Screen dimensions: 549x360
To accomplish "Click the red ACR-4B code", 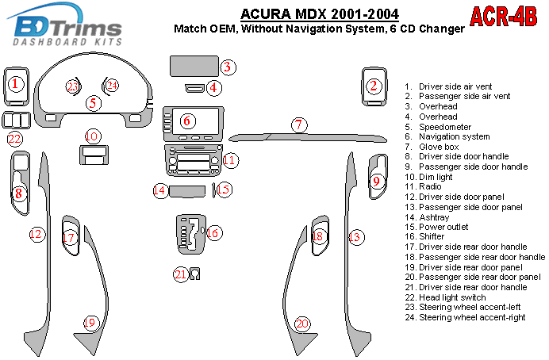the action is [x=504, y=17].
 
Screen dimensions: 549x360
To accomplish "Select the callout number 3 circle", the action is [x=228, y=67].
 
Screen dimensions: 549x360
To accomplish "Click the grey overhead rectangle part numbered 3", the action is [x=194, y=66].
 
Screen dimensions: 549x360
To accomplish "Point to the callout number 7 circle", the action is [x=298, y=125].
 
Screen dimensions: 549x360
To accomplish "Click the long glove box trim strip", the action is [x=308, y=137].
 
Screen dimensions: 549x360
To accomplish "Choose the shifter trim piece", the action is [x=190, y=234].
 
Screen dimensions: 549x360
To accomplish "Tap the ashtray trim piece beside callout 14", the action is [x=187, y=192].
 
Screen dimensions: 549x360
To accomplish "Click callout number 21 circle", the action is [x=181, y=274].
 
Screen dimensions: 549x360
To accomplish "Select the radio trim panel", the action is [x=194, y=160].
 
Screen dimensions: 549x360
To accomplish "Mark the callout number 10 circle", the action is [x=93, y=136].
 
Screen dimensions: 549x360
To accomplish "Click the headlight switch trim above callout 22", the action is [x=16, y=121].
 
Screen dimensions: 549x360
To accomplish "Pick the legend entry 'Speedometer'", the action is [x=444, y=127].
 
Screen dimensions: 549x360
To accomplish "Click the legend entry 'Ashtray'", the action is [x=434, y=217].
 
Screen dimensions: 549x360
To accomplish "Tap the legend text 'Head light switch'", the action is [x=452, y=297].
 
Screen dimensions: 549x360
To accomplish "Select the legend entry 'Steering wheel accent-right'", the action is [x=472, y=317].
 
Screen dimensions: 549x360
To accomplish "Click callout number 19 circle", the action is [x=90, y=322].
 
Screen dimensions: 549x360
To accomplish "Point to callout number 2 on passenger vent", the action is [x=374, y=86].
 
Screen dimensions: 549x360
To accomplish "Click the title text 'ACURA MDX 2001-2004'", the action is [x=320, y=14].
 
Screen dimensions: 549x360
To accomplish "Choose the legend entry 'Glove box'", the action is [x=439, y=147].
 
